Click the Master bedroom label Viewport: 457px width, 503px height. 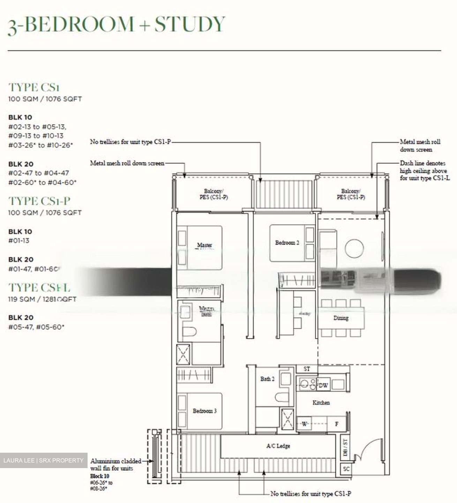204,245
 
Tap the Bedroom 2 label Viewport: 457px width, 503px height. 287,242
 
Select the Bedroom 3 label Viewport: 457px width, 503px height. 204,411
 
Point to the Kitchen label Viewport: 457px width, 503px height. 321,402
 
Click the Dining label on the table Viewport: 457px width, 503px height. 340,318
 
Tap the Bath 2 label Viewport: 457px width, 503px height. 267,379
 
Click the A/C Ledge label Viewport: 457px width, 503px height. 278,446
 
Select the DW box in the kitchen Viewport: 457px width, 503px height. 323,385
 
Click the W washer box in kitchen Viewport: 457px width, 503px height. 305,424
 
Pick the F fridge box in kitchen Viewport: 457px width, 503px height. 337,424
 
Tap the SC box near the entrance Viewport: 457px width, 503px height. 346,469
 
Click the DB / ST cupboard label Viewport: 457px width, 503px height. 345,447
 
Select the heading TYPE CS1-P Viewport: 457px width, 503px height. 39,201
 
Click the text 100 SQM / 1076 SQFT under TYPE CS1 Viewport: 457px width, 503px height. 45,99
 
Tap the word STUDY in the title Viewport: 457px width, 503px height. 190,24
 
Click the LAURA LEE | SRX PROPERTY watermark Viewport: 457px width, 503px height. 43,460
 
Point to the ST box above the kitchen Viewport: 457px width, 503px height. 307,369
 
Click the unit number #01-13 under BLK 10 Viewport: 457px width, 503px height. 19,241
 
